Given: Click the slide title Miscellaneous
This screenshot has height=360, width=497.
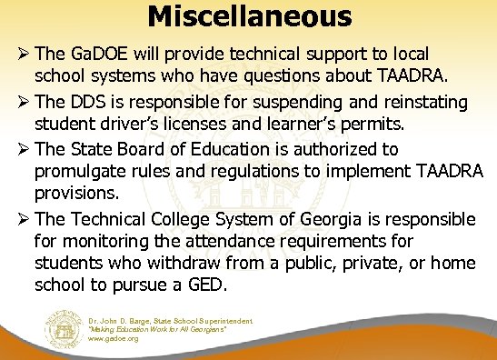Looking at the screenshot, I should click(x=249, y=15).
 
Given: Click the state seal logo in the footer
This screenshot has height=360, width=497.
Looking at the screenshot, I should click(x=66, y=328).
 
